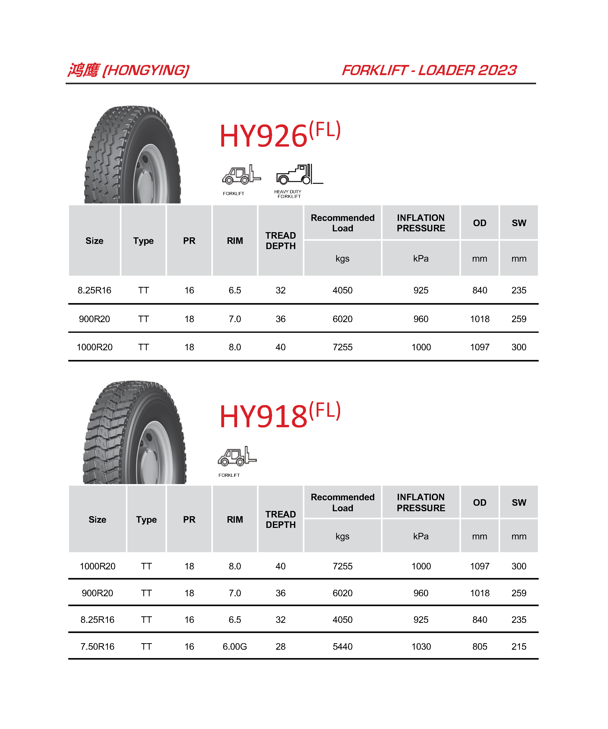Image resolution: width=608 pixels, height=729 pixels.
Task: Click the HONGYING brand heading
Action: tap(128, 70)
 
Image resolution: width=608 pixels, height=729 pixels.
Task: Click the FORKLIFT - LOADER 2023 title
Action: tap(429, 70)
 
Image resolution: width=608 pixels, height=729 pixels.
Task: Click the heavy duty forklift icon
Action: tap(299, 174)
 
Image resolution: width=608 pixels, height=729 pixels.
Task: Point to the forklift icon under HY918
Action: tap(237, 456)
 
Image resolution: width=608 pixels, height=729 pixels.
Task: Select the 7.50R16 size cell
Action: tap(97, 646)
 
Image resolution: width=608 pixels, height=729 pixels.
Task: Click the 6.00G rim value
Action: tap(235, 646)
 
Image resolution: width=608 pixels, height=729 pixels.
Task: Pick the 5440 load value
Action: tap(342, 646)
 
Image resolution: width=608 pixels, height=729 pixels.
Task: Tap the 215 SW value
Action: tap(519, 646)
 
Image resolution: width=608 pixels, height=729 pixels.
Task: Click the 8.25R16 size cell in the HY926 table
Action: tap(94, 290)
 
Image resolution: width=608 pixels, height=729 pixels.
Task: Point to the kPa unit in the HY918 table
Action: tap(421, 536)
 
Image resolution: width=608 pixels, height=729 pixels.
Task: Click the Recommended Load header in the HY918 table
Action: tap(342, 502)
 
